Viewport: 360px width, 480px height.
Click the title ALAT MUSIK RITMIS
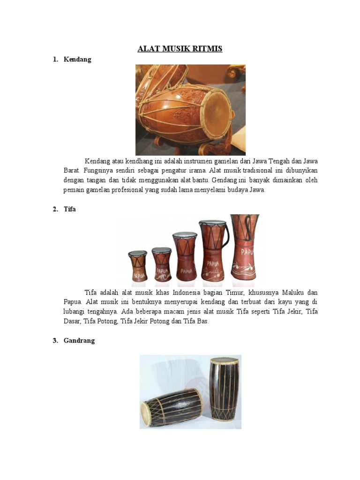click(180, 49)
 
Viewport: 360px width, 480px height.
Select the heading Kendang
click(77, 60)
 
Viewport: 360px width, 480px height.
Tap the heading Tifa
click(70, 210)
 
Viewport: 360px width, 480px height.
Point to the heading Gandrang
click(79, 341)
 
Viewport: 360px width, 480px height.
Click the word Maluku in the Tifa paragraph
click(291, 292)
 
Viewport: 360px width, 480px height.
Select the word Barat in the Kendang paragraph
click(72, 171)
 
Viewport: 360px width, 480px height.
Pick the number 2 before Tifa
click(55, 210)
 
